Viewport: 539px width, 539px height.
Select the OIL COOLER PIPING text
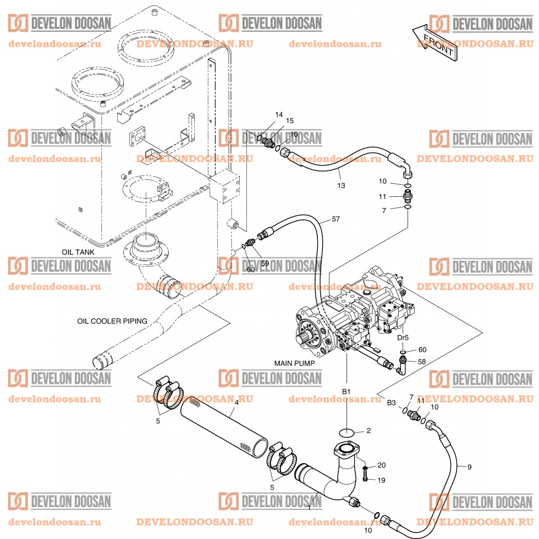(112, 320)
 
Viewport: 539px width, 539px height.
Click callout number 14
(279, 114)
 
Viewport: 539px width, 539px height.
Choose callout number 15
(289, 120)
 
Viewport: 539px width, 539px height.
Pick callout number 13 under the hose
(341, 185)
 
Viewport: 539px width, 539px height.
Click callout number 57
(336, 219)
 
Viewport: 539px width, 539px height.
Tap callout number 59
(265, 263)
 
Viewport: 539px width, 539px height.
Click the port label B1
(346, 391)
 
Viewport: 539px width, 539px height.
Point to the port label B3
(391, 403)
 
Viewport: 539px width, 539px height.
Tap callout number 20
(381, 465)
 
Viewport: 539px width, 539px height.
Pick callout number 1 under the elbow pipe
(309, 508)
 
